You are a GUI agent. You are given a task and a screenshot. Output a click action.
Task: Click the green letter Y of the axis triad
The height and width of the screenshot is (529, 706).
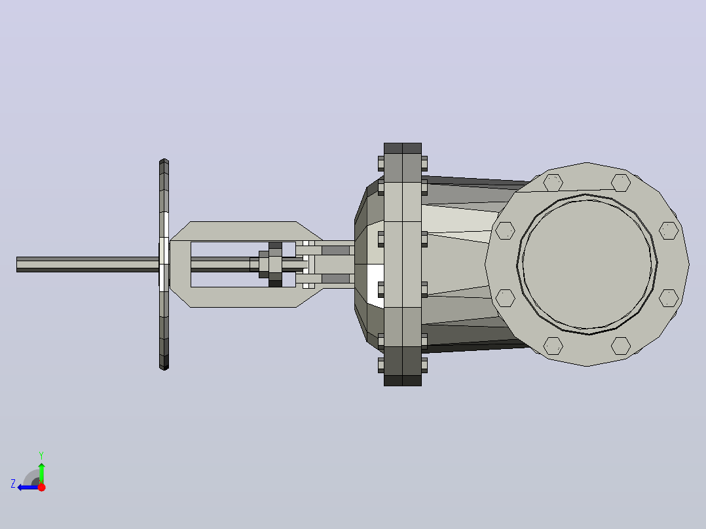(x=41, y=455)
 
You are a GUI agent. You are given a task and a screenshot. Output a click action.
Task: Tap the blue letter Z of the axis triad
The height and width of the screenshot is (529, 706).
(x=13, y=484)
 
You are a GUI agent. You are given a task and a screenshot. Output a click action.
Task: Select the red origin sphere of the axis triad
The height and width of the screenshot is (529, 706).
(x=41, y=487)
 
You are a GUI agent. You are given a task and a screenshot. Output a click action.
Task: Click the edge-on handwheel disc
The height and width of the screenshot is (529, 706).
(x=164, y=264)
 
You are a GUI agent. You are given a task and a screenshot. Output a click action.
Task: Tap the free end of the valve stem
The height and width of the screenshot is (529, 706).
(x=17, y=264)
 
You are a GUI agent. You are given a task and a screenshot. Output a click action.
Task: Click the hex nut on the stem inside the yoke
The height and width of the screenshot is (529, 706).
(x=275, y=264)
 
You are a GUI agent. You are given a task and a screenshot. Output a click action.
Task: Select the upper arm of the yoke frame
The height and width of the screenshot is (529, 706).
(x=243, y=231)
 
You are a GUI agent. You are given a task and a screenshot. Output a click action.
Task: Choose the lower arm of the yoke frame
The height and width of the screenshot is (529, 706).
(x=243, y=297)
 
